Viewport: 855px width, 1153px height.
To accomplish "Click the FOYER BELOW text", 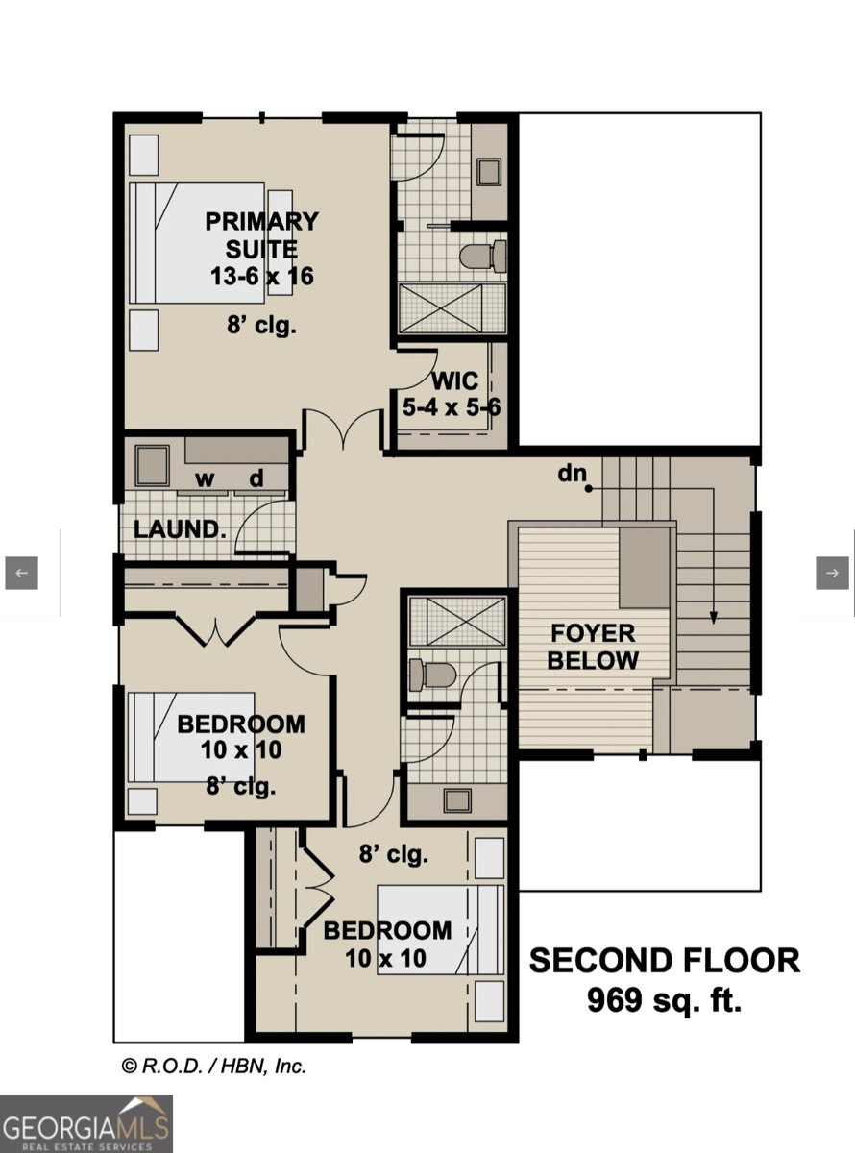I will click(x=593, y=647).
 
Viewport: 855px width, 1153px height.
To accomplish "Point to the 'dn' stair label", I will click(x=572, y=474).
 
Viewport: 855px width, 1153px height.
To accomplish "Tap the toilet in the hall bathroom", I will click(x=429, y=674).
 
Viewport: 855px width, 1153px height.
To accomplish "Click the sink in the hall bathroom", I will click(x=456, y=801).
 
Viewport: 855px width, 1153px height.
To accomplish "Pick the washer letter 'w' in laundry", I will click(x=205, y=478).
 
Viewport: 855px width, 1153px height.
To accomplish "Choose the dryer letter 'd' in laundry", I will click(x=257, y=478).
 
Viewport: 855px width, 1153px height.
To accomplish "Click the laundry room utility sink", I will click(x=151, y=466).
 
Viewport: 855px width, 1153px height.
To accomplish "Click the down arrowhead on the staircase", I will click(x=714, y=618).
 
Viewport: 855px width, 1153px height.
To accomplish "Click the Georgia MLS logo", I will click(x=86, y=1124).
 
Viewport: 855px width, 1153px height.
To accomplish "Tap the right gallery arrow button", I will click(x=832, y=573).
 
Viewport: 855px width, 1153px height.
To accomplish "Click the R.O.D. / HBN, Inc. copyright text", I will click(x=213, y=1066).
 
